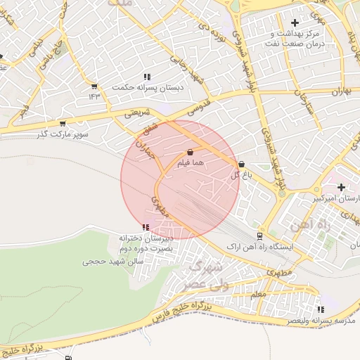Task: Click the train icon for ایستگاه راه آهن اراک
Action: point(259,236)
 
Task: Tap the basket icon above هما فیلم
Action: point(191,151)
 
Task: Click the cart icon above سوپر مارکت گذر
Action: point(63,123)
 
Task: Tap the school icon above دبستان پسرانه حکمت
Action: point(146,77)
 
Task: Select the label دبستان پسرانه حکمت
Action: point(146,88)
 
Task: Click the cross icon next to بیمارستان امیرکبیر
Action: point(341,187)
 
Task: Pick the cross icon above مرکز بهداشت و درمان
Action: point(295,23)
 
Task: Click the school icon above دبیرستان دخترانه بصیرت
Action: point(146,227)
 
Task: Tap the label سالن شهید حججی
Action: point(113,261)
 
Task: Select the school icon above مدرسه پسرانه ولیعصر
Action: point(321,309)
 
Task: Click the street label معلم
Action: point(258,295)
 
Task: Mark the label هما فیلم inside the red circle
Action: point(191,163)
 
